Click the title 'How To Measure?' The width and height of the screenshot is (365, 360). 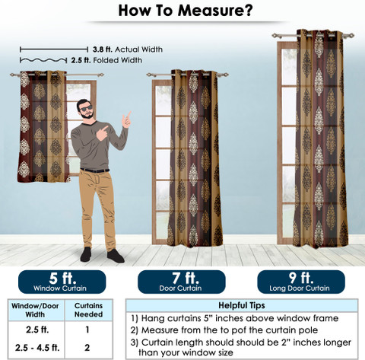(186, 11)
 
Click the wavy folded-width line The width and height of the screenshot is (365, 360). (43, 60)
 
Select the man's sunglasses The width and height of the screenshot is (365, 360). (86, 109)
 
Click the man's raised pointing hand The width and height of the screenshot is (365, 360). (126, 119)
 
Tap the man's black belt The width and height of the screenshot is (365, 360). (95, 170)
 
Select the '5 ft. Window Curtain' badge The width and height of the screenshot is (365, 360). (62, 282)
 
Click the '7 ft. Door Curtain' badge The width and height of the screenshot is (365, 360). (182, 282)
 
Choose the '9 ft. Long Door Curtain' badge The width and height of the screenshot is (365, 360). (301, 282)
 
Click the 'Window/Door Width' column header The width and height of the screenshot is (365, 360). (35, 310)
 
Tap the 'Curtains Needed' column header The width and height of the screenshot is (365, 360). (88, 310)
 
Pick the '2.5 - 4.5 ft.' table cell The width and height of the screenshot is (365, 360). (37, 348)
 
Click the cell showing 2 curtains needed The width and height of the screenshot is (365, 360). (87, 348)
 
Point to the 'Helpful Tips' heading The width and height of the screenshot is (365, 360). (242, 305)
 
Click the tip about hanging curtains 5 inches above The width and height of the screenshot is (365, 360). (235, 318)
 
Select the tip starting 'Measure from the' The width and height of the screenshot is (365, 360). (224, 330)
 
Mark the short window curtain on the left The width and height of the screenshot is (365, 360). (43, 126)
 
